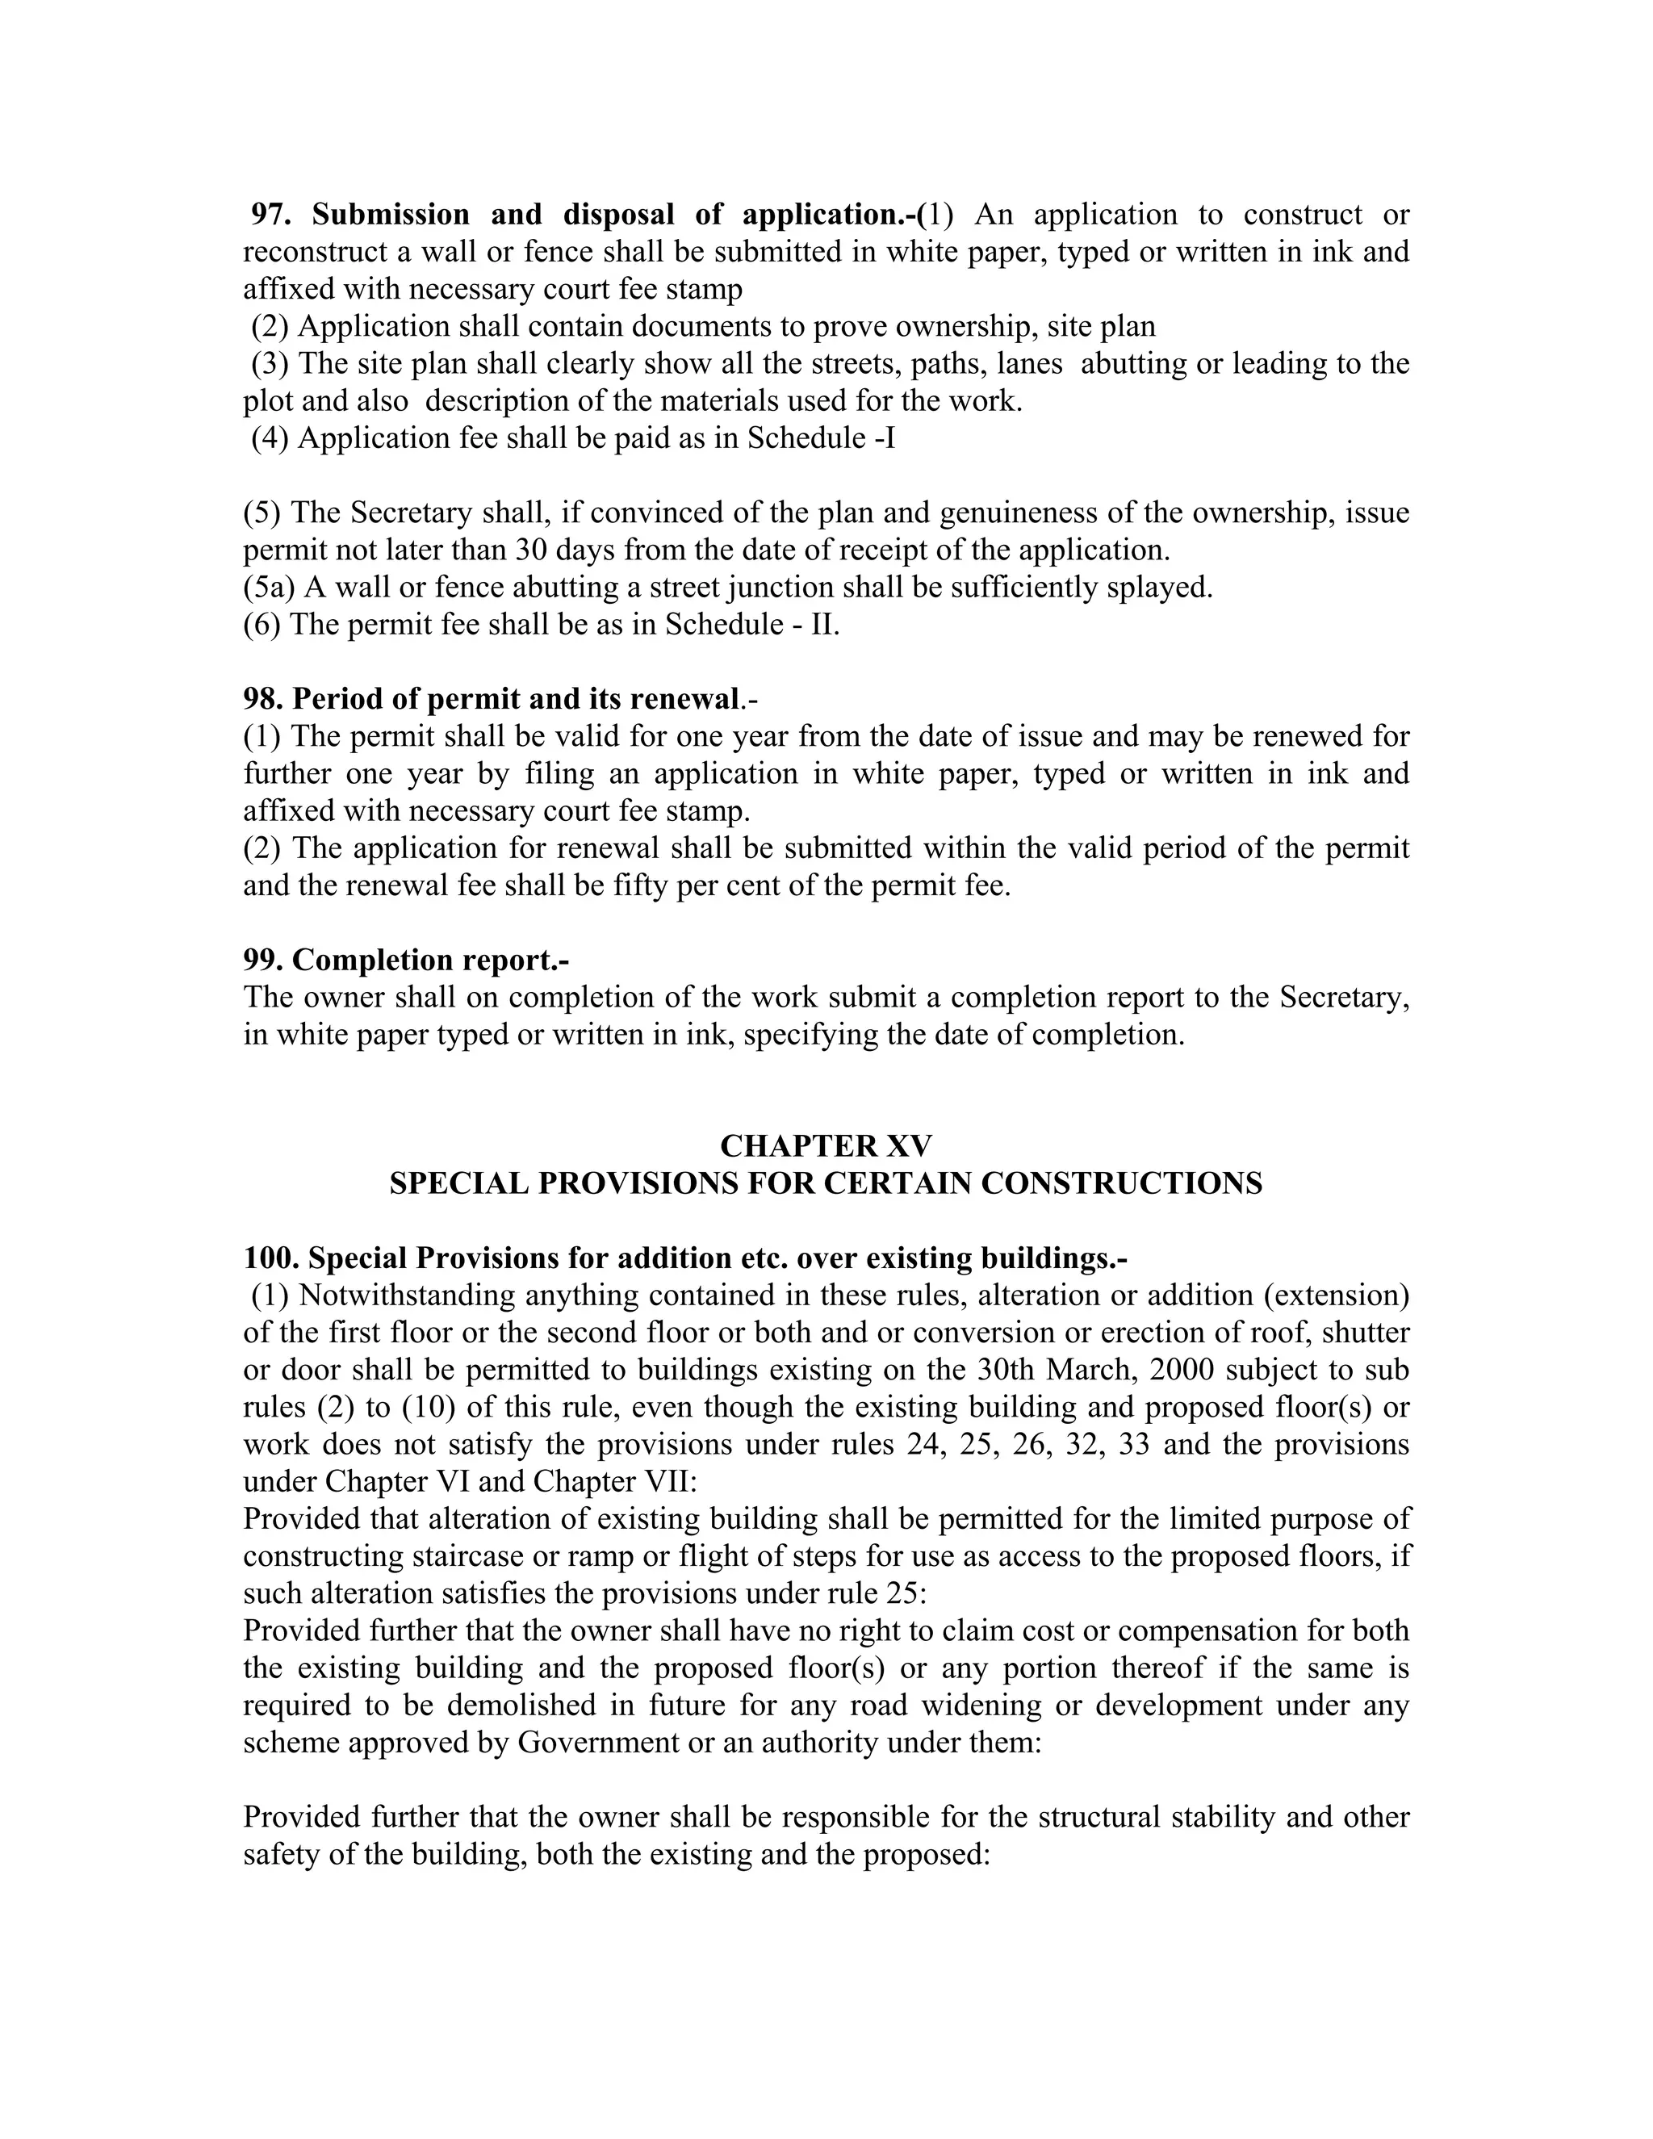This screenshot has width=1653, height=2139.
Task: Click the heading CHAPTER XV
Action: pos(826,1146)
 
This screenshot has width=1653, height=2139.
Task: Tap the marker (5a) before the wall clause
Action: pos(270,588)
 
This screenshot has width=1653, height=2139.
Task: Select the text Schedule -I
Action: pos(821,437)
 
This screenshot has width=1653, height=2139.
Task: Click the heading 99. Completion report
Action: pos(405,960)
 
